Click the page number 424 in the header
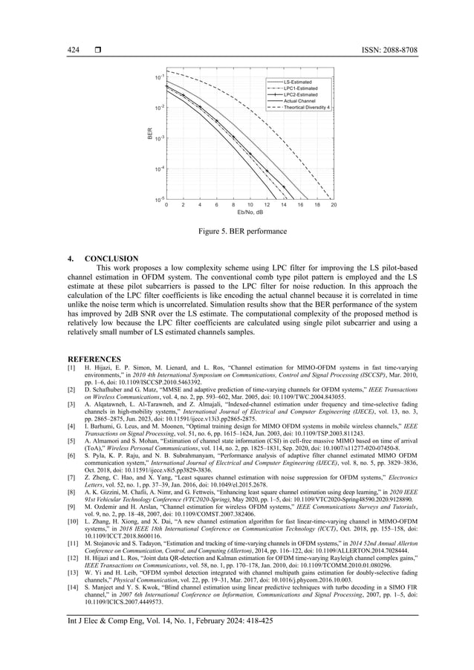tap(74, 49)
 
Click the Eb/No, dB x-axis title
tap(250, 212)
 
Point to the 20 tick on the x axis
tap(334, 205)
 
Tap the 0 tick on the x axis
tap(166, 205)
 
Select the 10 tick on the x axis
tap(250, 205)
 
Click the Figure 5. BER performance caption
tap(237, 232)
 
